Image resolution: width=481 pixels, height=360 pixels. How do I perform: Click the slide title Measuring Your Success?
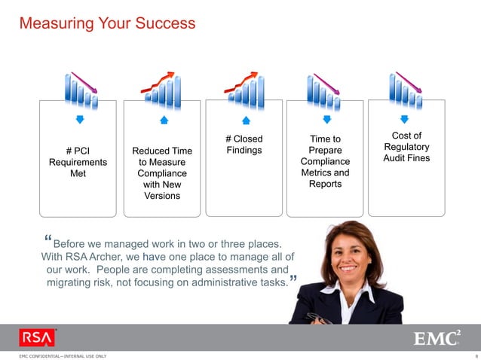click(x=107, y=23)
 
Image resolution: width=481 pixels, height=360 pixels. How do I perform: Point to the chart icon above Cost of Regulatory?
click(x=406, y=89)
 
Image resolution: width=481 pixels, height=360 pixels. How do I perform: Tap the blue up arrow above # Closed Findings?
click(x=245, y=120)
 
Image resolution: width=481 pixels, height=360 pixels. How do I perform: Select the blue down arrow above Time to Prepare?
click(x=326, y=120)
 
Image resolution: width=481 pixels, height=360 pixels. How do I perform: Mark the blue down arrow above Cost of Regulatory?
click(x=405, y=119)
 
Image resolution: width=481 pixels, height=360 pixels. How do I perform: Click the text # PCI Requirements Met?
click(x=78, y=162)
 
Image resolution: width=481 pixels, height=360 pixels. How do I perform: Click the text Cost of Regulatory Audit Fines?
click(x=406, y=147)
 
